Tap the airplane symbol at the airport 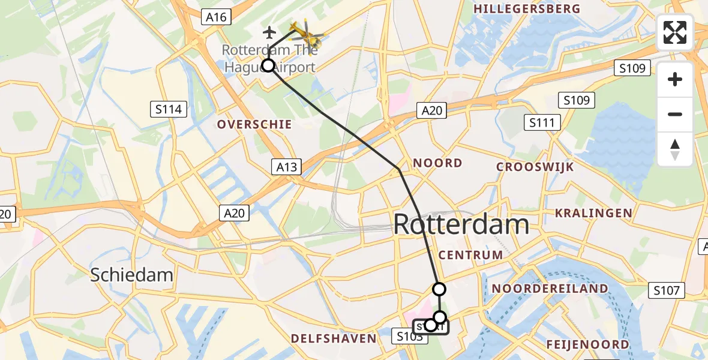point(269,31)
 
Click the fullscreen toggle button point(675,32)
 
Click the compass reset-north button point(675,149)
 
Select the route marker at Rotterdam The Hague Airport point(268,65)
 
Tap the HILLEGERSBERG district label point(527,9)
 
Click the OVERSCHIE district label point(254,124)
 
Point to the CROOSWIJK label point(535,167)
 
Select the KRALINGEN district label point(593,213)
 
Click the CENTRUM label point(470,255)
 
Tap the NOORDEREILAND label point(550,289)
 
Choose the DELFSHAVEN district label point(334,339)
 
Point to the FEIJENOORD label point(588,344)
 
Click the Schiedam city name point(131,275)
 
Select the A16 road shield point(215,17)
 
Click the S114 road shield point(168,109)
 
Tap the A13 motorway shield point(286,167)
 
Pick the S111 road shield point(542,123)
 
